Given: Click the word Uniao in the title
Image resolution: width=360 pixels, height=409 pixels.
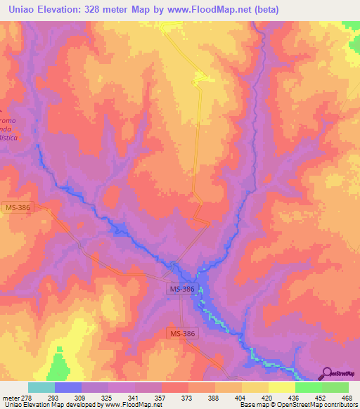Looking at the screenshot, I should tap(21, 9).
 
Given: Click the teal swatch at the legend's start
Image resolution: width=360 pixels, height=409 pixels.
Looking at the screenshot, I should tap(41, 387).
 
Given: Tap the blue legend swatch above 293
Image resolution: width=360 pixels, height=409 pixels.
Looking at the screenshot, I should tap(68, 387).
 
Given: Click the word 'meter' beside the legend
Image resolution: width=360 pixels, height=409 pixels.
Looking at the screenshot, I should tap(13, 397).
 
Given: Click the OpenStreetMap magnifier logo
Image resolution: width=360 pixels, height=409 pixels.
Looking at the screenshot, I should tap(326, 372).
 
